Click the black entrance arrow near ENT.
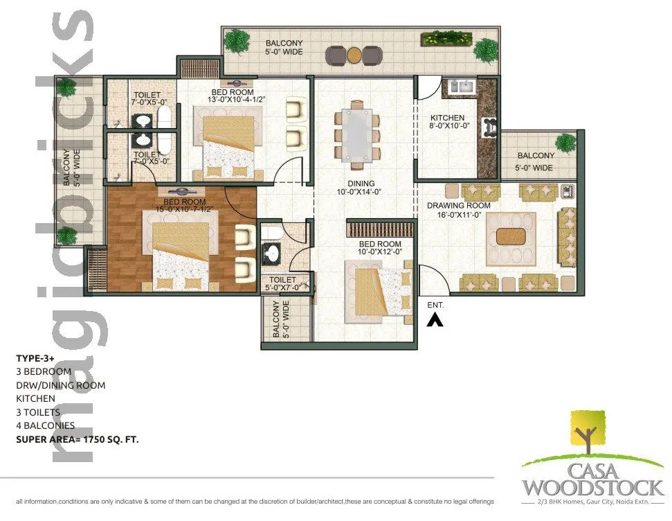(x=435, y=319)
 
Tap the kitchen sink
(x=460, y=87)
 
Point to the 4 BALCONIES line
(x=46, y=425)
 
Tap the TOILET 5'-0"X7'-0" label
(x=285, y=283)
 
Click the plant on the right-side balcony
(x=565, y=143)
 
